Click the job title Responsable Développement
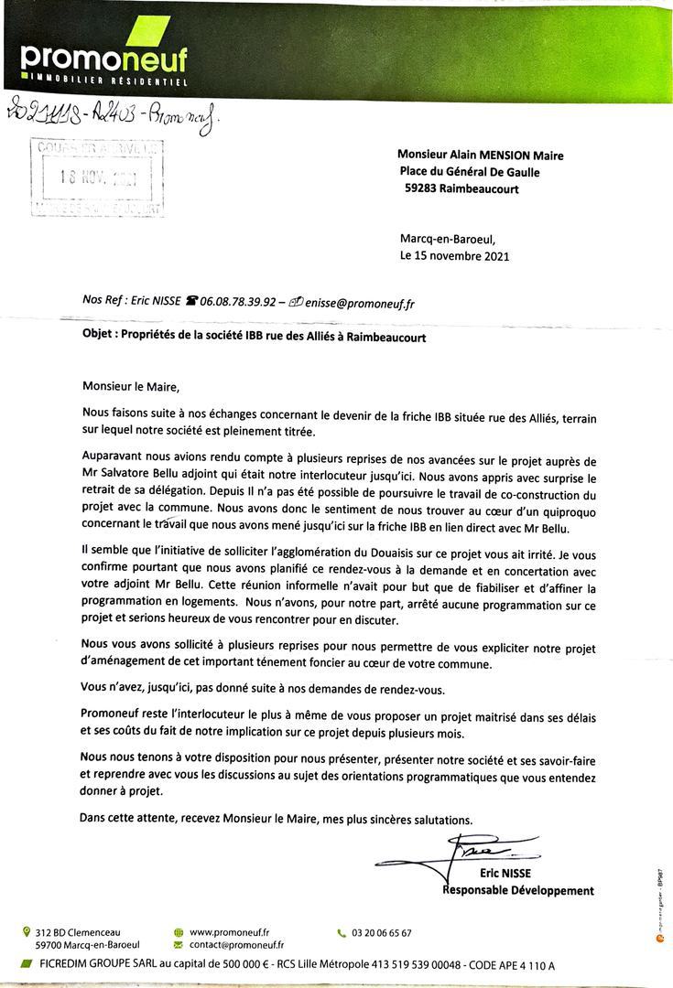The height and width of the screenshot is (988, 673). point(518,890)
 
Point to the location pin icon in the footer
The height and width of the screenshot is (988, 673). point(26,932)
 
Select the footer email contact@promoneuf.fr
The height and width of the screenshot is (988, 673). point(236,945)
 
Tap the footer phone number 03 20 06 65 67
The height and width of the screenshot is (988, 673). point(381,933)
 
